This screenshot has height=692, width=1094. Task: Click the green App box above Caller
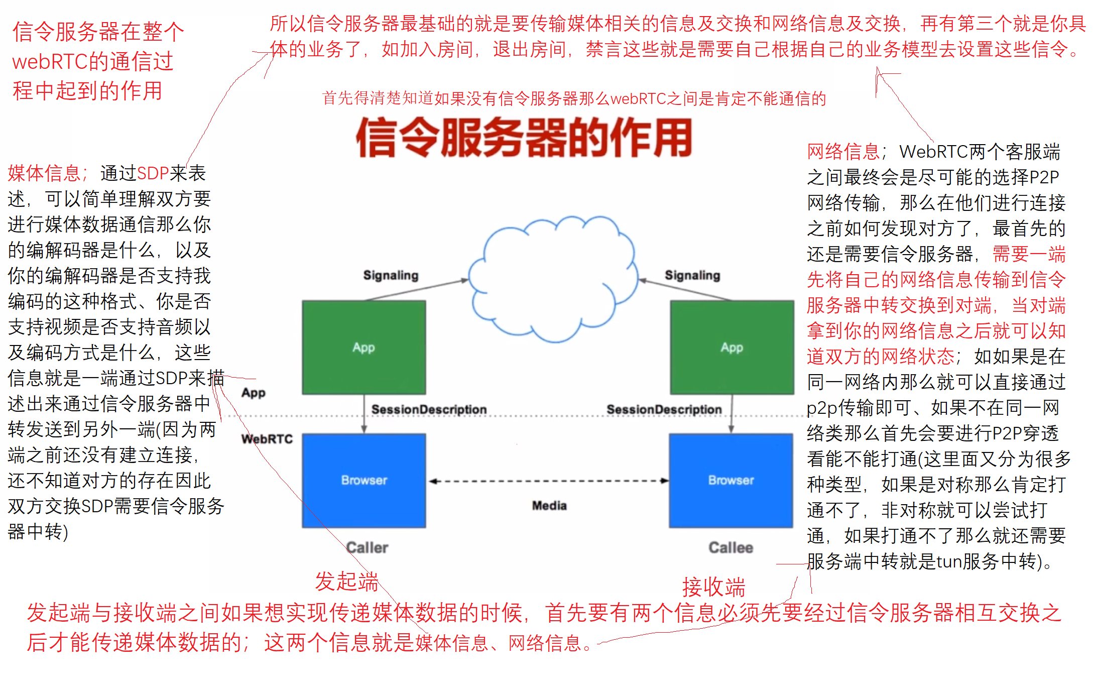coord(363,347)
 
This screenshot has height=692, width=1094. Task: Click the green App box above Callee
coord(732,347)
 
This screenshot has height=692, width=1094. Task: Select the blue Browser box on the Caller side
coord(363,480)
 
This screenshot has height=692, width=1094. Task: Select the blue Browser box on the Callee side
coord(731,480)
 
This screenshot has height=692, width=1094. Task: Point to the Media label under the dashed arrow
coord(549,506)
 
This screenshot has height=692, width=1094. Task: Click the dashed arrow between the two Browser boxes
coord(549,481)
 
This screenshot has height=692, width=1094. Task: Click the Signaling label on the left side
coord(391,275)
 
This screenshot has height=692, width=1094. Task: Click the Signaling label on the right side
coord(692,275)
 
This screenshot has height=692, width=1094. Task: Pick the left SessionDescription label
coord(429,409)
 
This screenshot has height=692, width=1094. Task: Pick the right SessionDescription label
coord(664,409)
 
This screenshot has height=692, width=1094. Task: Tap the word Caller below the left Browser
coord(367,547)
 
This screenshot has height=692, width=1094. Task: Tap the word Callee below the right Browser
coord(731,547)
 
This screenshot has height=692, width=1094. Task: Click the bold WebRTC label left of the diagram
coord(267,439)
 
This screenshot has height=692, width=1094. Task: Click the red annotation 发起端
coord(346,581)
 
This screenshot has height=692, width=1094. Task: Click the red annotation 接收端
coord(713,587)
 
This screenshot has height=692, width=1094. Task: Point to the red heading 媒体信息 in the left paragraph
coord(45,173)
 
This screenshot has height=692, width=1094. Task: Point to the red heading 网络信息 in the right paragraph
coord(844,152)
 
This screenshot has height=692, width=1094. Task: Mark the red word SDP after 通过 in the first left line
coord(153,173)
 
